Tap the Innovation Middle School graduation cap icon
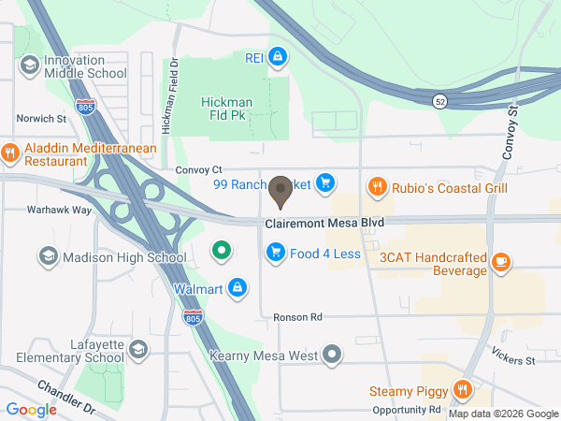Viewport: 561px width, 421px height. [x=29, y=65]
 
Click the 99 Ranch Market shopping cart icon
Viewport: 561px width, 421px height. [x=325, y=182]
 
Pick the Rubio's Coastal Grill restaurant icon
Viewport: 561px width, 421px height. [x=378, y=187]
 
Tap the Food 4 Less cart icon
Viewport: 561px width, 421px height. [x=275, y=251]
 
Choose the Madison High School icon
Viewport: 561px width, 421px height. [x=48, y=256]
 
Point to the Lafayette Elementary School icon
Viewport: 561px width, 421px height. [x=137, y=350]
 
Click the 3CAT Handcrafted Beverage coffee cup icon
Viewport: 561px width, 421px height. [x=502, y=262]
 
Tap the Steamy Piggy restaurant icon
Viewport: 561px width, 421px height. [x=461, y=390]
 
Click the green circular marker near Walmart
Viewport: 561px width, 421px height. [x=221, y=251]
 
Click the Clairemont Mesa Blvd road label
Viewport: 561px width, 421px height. [x=324, y=224]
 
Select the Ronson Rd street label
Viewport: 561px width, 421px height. [x=297, y=317]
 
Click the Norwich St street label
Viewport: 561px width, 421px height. [x=42, y=119]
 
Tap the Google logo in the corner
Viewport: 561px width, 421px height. [x=32, y=409]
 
